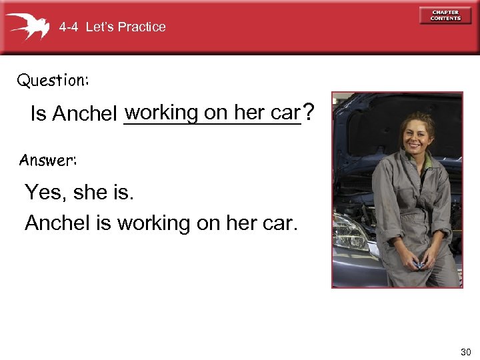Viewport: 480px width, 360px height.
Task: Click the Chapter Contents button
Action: pos(445,15)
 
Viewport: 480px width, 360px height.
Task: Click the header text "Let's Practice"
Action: pos(126,27)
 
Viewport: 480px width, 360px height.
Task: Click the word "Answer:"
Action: pos(48,160)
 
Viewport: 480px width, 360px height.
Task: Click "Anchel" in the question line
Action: pos(85,115)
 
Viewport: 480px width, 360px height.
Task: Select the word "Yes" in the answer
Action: pos(43,193)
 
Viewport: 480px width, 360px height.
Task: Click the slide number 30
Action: pos(465,351)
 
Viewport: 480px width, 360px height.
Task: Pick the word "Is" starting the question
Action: pos(38,115)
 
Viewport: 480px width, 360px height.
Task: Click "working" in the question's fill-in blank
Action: pos(161,113)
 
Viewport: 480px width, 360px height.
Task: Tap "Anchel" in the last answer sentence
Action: pos(58,223)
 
